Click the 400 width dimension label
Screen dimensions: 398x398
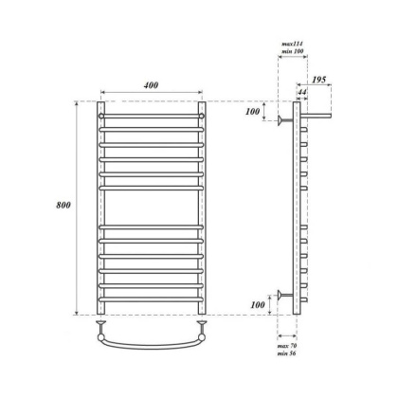point(151,85)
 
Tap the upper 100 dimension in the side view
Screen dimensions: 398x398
point(252,112)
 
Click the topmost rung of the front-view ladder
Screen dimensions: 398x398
point(151,117)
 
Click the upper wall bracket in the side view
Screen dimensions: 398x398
point(284,118)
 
